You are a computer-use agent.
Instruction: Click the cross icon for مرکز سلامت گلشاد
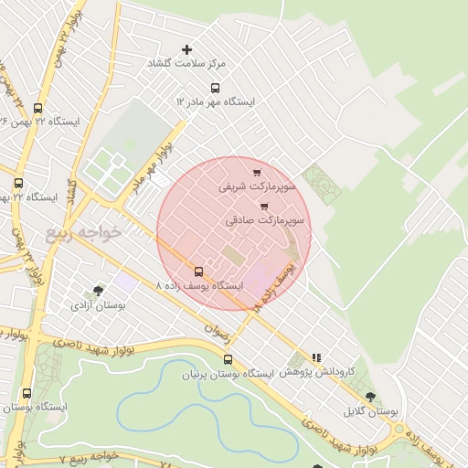click(188, 49)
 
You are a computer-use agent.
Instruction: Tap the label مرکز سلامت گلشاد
click(188, 64)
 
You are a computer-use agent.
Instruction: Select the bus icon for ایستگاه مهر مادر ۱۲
click(215, 88)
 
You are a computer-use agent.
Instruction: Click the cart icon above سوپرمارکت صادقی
click(264, 207)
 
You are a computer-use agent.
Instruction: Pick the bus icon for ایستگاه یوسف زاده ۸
click(198, 271)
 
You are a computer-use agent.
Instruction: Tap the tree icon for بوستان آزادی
click(98, 292)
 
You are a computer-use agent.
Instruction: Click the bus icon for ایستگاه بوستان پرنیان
click(228, 359)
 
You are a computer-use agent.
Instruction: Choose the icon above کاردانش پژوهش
click(316, 358)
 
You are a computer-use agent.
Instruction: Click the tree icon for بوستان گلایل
click(370, 397)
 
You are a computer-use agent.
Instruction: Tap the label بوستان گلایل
click(371, 411)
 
